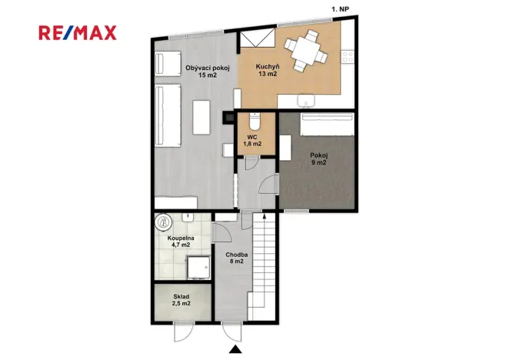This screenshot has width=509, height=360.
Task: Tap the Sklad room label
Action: point(181,297)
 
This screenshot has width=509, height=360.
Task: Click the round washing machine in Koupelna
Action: point(164,222)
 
